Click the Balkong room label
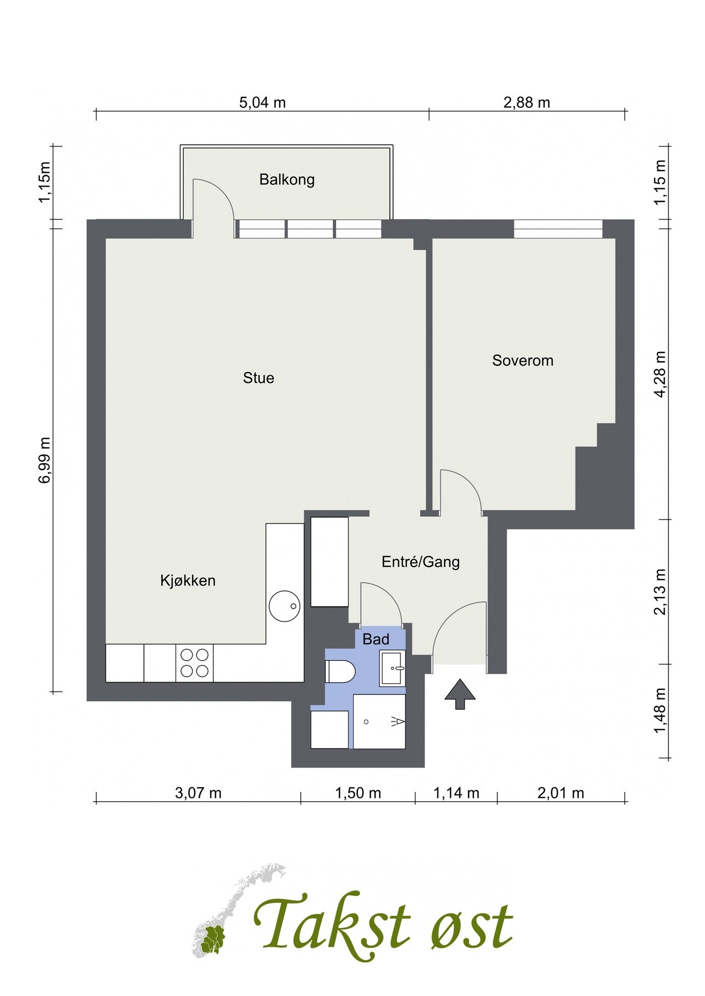(287, 180)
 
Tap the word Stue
(259, 378)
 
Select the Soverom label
(523, 361)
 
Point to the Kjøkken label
(188, 580)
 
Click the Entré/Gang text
(421, 562)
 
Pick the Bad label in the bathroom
(376, 640)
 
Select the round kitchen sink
(285, 606)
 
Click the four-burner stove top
(195, 663)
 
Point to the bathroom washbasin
(393, 669)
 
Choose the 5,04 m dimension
(263, 102)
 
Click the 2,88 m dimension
(527, 102)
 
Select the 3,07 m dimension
(198, 793)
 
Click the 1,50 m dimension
(358, 793)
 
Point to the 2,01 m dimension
(560, 793)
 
